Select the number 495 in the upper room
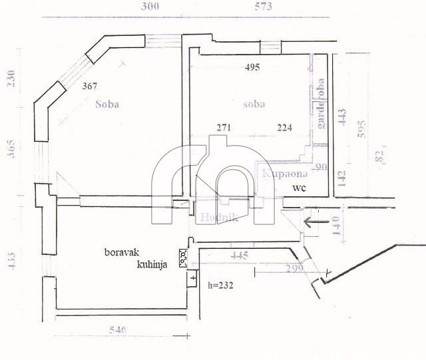[x=252, y=67]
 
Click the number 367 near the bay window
[x=91, y=87]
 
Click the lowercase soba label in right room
[x=254, y=104]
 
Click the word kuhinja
[x=152, y=264]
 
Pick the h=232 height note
[x=220, y=287]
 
